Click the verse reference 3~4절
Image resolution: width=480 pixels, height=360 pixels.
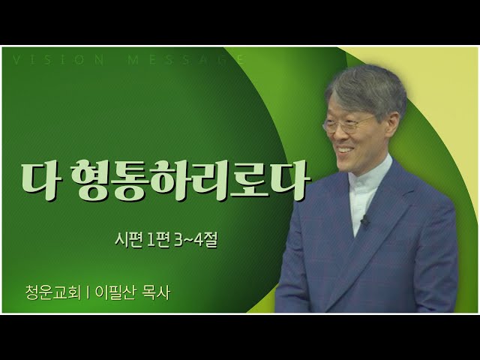tap(195, 241)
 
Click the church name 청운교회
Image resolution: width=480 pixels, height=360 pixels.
tap(53, 293)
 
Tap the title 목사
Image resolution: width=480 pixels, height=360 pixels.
tap(156, 293)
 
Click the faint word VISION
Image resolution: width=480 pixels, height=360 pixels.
tap(58, 60)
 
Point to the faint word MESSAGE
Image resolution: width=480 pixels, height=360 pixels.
tap(186, 60)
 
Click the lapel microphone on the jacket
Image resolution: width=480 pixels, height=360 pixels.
tap(364, 220)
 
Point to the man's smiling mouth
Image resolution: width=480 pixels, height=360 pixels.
tap(344, 150)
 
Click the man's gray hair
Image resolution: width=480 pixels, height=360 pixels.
tap(367, 88)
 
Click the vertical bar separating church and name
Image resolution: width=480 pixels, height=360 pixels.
tap(88, 293)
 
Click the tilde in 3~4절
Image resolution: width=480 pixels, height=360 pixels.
tap(189, 241)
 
